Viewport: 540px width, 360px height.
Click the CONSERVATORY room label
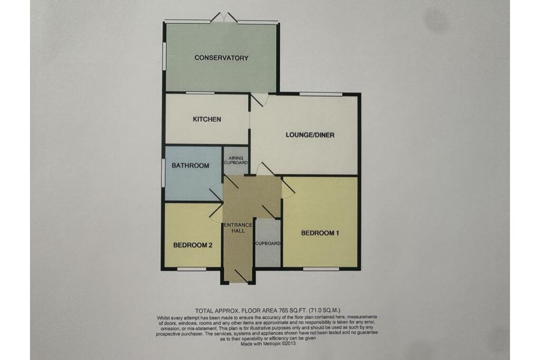click(221, 58)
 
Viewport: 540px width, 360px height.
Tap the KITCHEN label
click(207, 120)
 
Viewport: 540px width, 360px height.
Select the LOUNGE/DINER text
click(310, 135)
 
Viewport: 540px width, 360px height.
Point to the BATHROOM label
click(190, 166)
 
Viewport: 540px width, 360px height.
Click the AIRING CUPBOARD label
click(235, 160)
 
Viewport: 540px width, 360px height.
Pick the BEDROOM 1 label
click(320, 233)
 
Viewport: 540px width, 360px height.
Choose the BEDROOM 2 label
click(192, 246)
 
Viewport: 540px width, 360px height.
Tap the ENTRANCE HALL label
click(238, 229)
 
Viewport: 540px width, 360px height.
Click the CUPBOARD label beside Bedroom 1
click(268, 244)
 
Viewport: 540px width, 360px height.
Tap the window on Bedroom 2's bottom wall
click(191, 269)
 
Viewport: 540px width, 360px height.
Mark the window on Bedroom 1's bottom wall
click(321, 269)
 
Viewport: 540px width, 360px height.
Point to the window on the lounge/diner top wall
click(321, 94)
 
